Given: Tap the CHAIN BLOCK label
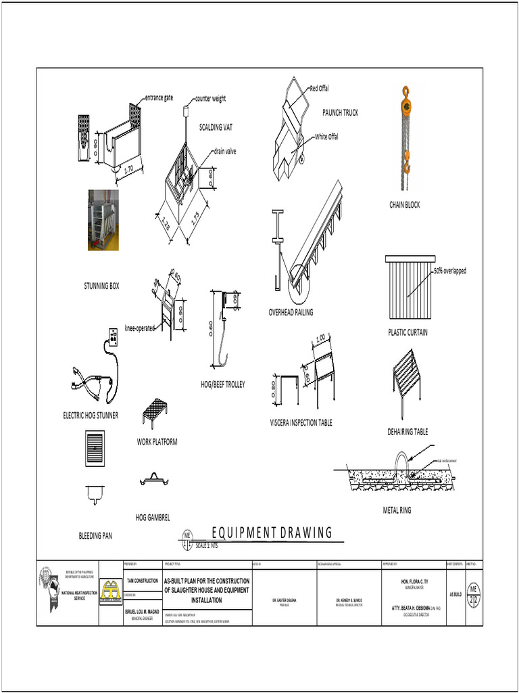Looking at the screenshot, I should coord(403,204).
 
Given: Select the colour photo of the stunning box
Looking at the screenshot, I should coord(103,220).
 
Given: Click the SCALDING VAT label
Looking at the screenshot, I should coord(216,127).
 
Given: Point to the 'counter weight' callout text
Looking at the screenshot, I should coord(210,99).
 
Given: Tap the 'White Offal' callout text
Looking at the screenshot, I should coord(326,137).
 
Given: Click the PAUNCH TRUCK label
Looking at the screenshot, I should coord(340,112).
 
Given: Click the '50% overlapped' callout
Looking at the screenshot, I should coord(449,271).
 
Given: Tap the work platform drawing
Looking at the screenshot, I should coord(155,409).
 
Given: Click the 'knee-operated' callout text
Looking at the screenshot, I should coord(140,328).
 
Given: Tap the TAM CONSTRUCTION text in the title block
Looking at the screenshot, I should coord(143,581).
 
